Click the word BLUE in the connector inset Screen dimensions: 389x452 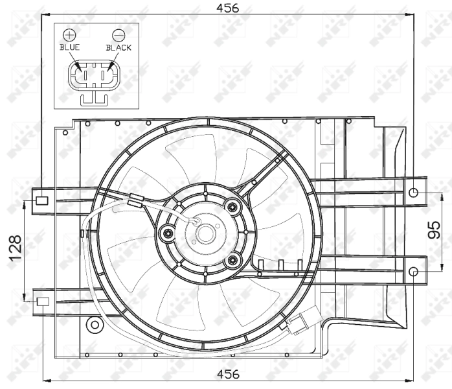[70, 47]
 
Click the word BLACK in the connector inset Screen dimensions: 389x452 [119, 47]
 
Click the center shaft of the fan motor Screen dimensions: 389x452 [206, 233]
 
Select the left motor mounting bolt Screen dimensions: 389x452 [168, 233]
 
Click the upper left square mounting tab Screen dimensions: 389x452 [42, 200]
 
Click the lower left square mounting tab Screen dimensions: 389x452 [42, 301]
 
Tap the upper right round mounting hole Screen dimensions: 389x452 [414, 192]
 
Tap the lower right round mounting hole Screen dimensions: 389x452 [414, 271]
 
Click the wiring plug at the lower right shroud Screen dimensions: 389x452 [300, 324]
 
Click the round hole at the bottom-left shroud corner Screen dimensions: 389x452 [95, 324]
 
